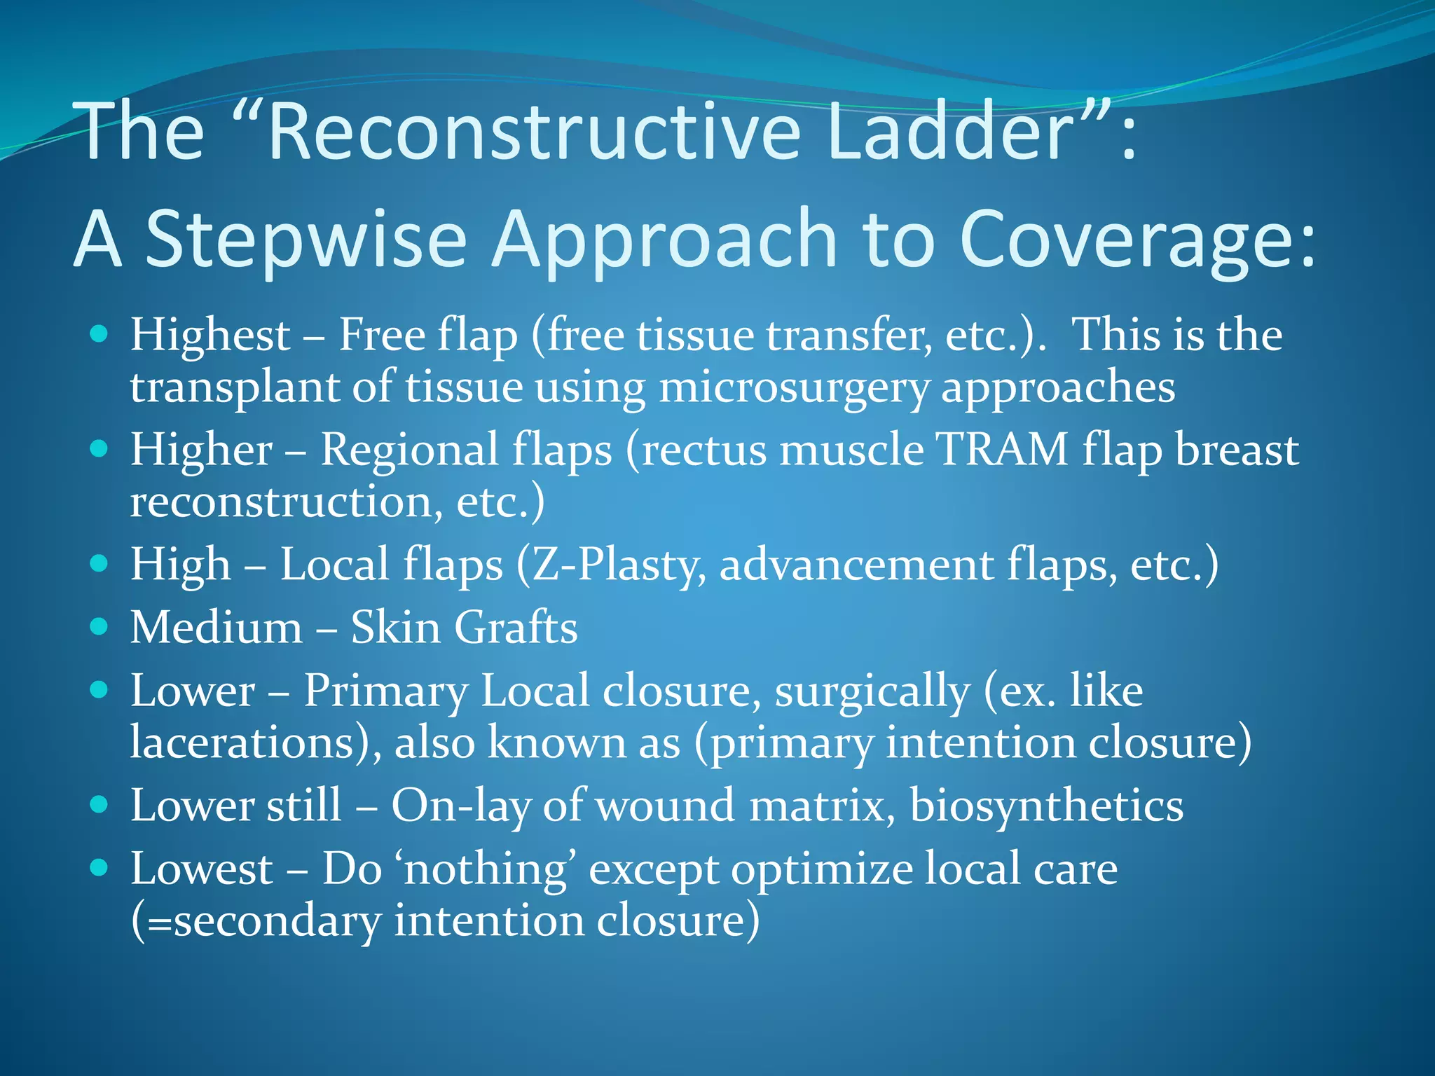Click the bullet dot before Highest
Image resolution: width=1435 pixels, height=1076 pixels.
pyautogui.click(x=99, y=334)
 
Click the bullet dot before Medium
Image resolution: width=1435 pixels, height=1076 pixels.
pyautogui.click(x=99, y=626)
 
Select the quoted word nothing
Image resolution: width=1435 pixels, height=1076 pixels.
pyautogui.click(x=486, y=870)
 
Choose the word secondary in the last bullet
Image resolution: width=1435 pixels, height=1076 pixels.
pyautogui.click(x=277, y=922)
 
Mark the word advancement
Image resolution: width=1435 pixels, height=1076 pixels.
pyautogui.click(x=856, y=565)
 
